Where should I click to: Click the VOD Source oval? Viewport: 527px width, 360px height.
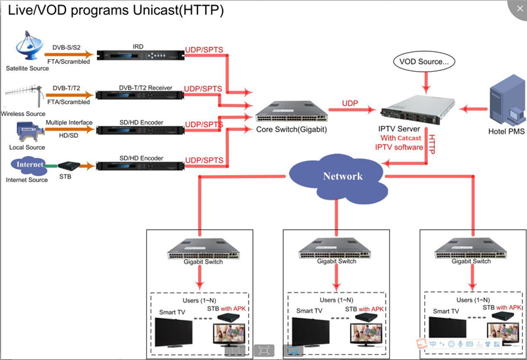click(423, 62)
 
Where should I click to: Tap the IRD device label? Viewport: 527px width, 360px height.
click(138, 46)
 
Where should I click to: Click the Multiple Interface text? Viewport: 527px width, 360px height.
click(70, 123)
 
